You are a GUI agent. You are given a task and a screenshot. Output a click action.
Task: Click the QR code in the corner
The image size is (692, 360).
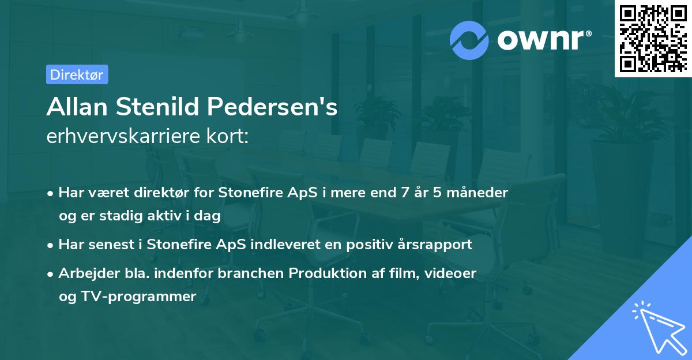coord(653,38)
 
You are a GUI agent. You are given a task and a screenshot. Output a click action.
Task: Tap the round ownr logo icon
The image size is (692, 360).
coord(469,40)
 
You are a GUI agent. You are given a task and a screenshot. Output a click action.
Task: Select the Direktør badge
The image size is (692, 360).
coord(77,74)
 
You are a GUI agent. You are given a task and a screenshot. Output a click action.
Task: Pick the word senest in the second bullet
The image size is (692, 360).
coord(109,244)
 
